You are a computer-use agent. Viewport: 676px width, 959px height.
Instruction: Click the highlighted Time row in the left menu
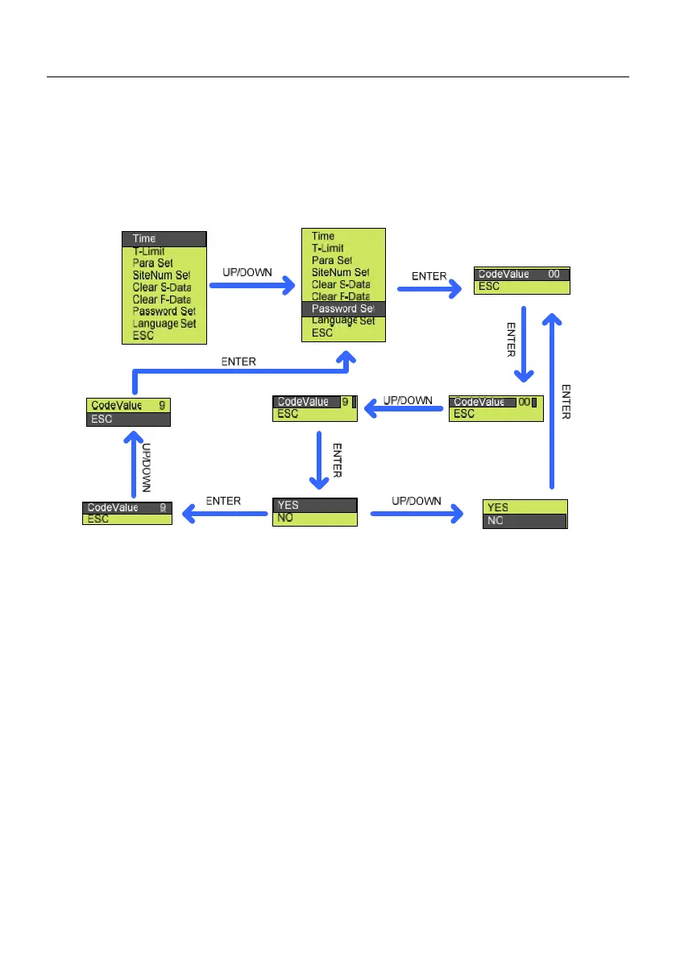(x=164, y=239)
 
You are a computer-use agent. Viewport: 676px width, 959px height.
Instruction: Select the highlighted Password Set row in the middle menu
(x=343, y=308)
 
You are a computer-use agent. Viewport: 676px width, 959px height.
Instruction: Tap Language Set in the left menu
(x=164, y=324)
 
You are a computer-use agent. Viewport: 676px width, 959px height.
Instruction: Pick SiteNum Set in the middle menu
(x=340, y=272)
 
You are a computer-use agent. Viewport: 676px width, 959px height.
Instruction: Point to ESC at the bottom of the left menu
(x=143, y=336)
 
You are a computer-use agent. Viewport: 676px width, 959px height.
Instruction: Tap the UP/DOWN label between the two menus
(x=247, y=272)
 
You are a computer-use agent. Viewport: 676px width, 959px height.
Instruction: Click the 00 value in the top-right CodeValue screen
(x=554, y=274)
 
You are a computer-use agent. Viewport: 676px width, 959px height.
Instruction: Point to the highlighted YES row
(x=315, y=506)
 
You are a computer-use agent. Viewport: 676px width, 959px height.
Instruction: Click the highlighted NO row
(x=525, y=521)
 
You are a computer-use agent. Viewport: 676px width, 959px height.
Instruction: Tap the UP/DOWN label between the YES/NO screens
(x=417, y=501)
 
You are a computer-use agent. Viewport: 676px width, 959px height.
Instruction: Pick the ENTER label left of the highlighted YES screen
(x=223, y=501)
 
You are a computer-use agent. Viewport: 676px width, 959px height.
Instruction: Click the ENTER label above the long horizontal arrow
(x=238, y=362)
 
